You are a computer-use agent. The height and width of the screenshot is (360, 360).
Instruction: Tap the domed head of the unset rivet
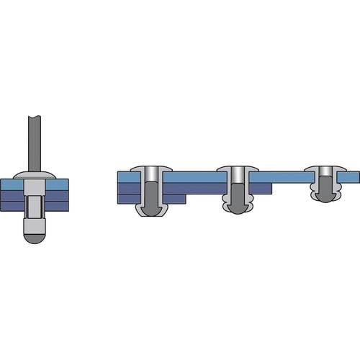tap(35, 176)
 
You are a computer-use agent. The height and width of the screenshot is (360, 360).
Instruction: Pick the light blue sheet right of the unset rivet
tap(57, 184)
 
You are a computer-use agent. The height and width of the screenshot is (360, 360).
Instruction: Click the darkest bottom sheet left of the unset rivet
tap(17, 204)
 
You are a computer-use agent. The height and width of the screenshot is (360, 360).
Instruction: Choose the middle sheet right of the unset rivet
tap(56, 194)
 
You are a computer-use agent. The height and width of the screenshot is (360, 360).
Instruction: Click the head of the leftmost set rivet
tap(153, 170)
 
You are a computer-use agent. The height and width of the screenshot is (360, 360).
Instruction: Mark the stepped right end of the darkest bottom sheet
tap(180, 199)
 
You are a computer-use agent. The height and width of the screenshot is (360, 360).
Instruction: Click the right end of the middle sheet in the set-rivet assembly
tap(266, 189)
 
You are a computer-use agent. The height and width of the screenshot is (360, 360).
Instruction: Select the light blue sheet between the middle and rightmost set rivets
tap(281, 177)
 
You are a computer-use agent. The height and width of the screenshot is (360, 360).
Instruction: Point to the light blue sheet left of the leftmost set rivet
tap(128, 177)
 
